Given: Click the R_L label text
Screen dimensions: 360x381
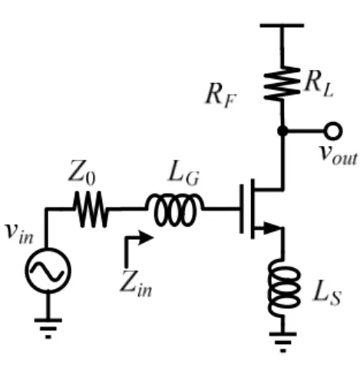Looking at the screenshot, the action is [x=319, y=84].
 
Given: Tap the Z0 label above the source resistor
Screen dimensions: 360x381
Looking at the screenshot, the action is [x=82, y=172].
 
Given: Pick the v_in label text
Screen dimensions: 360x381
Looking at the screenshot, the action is [x=19, y=233].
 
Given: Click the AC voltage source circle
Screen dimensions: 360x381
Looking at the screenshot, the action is [x=48, y=270].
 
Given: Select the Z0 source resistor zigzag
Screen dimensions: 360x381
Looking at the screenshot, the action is [x=91, y=209].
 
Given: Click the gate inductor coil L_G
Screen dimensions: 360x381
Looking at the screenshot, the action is [x=175, y=210].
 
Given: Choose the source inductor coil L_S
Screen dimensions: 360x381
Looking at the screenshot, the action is [x=284, y=288].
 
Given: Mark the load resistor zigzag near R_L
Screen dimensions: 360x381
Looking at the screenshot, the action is [x=282, y=83].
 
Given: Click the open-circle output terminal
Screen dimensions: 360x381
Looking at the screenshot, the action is [x=333, y=131].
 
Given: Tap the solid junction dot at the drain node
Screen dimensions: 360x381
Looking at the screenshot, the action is [x=282, y=131].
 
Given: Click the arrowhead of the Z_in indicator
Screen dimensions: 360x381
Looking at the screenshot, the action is [x=146, y=237].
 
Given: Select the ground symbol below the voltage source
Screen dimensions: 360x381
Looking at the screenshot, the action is [x=48, y=329].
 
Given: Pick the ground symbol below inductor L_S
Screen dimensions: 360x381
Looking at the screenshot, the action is [x=283, y=343].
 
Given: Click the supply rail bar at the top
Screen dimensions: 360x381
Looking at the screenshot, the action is [x=282, y=25].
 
